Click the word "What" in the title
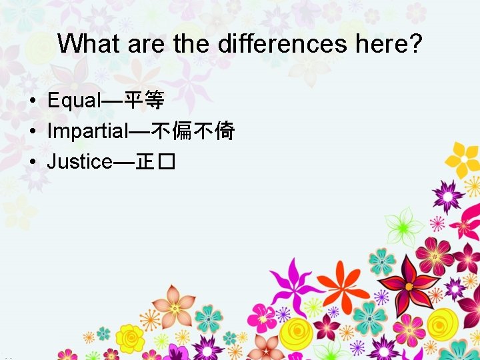[85, 44]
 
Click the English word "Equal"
[73, 101]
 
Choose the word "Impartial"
[87, 131]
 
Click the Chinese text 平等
[145, 101]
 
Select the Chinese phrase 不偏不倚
[193, 131]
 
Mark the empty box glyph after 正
[167, 162]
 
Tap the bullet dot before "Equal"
[31, 102]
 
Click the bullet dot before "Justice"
[31, 162]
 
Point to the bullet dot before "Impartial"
[31, 132]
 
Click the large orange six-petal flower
[341, 285]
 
